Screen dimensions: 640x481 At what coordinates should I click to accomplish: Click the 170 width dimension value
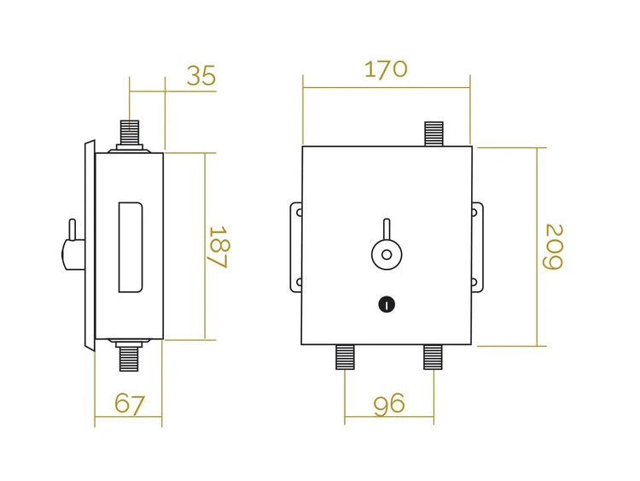386,69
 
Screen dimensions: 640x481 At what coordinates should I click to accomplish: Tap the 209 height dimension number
555,247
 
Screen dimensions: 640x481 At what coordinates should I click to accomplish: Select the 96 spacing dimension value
389,404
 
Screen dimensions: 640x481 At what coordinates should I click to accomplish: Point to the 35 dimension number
201,75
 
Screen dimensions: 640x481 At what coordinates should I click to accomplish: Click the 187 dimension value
218,247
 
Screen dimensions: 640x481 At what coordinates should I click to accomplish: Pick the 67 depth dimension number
130,404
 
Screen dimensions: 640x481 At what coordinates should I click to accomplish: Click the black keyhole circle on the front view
387,304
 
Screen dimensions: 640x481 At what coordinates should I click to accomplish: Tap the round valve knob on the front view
387,255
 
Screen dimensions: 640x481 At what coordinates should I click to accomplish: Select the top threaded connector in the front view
433,133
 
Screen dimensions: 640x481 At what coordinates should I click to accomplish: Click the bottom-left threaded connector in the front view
345,357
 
